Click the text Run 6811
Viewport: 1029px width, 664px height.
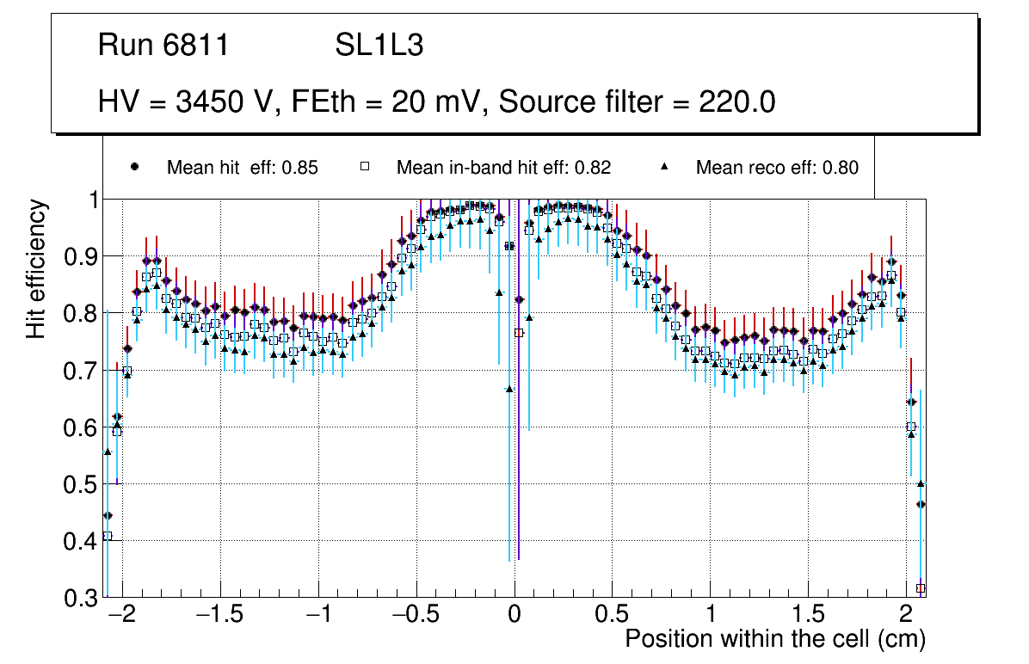click(163, 46)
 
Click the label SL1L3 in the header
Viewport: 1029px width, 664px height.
click(379, 46)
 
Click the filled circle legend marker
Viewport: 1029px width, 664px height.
click(134, 167)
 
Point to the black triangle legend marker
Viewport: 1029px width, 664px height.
click(663, 167)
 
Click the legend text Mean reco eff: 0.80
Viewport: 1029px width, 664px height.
click(776, 168)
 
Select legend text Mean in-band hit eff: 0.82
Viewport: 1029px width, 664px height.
click(503, 168)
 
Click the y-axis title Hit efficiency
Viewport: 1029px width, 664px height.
click(36, 268)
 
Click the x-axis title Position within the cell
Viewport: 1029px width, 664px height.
click(774, 639)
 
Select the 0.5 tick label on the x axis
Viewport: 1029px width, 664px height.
click(612, 616)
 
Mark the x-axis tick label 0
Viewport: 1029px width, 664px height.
click(514, 616)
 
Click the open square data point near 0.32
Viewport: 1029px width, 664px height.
click(921, 588)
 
